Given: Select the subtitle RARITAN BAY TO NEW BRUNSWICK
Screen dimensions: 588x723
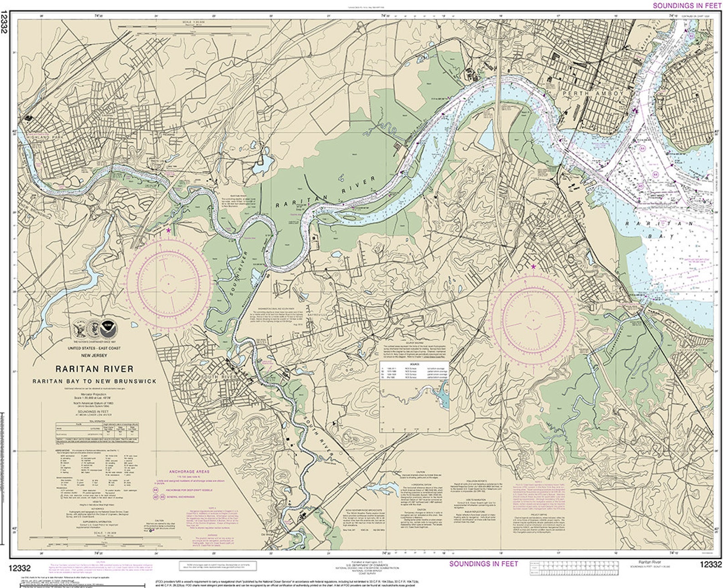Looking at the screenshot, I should tap(94, 381).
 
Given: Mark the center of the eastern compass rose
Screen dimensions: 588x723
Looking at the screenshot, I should tap(533, 317).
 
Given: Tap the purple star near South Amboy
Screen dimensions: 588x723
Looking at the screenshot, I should tap(533, 267).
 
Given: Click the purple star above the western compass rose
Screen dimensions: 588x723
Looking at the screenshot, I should tap(168, 230).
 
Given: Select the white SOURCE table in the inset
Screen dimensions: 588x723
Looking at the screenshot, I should tap(414, 371).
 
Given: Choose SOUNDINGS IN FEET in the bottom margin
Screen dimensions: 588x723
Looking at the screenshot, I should tap(484, 563).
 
